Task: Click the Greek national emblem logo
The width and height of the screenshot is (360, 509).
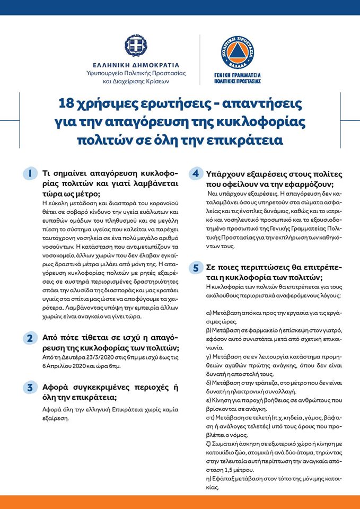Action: [136, 47]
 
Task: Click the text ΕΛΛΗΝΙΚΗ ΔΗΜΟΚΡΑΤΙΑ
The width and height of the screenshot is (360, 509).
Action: [136, 65]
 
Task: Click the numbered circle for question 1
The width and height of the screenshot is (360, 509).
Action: [31, 174]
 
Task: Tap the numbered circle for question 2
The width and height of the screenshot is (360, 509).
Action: [31, 338]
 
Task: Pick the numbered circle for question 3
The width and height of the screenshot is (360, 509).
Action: [31, 388]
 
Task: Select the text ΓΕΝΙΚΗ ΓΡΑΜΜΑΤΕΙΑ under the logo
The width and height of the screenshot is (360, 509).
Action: [238, 76]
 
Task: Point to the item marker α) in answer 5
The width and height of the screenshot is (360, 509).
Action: [209, 313]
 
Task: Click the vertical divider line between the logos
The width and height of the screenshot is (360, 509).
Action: [200, 59]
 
